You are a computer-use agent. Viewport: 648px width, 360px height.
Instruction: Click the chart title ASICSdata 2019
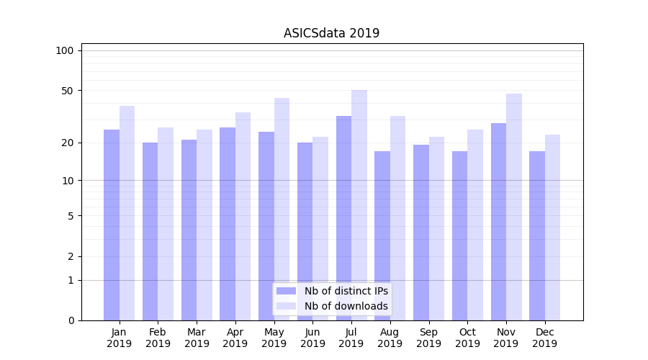coord(331,33)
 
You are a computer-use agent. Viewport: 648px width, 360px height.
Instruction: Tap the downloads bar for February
coord(166,224)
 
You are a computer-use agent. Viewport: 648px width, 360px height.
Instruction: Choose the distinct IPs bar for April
coord(228,224)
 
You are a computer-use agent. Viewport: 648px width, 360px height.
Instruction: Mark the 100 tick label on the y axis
coord(65,50)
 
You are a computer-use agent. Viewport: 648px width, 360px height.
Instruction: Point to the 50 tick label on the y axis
coord(67,91)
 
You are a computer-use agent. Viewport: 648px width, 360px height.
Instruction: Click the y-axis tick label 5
coord(70,216)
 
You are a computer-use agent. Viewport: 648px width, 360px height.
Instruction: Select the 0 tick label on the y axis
coord(70,320)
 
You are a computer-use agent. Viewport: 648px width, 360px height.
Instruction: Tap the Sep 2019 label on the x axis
coord(428,338)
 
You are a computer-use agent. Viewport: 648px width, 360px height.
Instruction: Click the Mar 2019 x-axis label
coord(197,338)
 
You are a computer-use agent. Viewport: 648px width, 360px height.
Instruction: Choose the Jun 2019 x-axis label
coord(312,338)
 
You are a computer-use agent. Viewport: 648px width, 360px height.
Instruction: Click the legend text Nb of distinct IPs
coord(346,291)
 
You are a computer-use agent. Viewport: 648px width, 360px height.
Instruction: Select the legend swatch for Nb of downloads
coord(286,306)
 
